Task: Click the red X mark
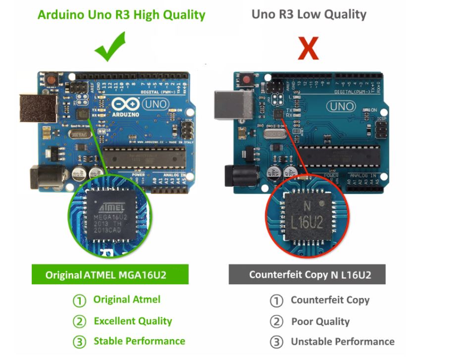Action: click(308, 49)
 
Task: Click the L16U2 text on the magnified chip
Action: click(306, 222)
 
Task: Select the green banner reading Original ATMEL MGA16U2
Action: click(110, 274)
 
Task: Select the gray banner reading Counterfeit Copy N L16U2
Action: click(307, 274)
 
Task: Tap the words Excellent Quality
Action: click(133, 321)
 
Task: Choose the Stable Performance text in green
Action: click(139, 341)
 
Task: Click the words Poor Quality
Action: click(320, 322)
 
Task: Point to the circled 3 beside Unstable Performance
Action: click(276, 342)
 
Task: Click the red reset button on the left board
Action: click(50, 79)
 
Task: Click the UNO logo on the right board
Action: click(341, 106)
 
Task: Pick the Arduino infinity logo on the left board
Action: click(124, 104)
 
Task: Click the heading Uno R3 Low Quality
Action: click(309, 14)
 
